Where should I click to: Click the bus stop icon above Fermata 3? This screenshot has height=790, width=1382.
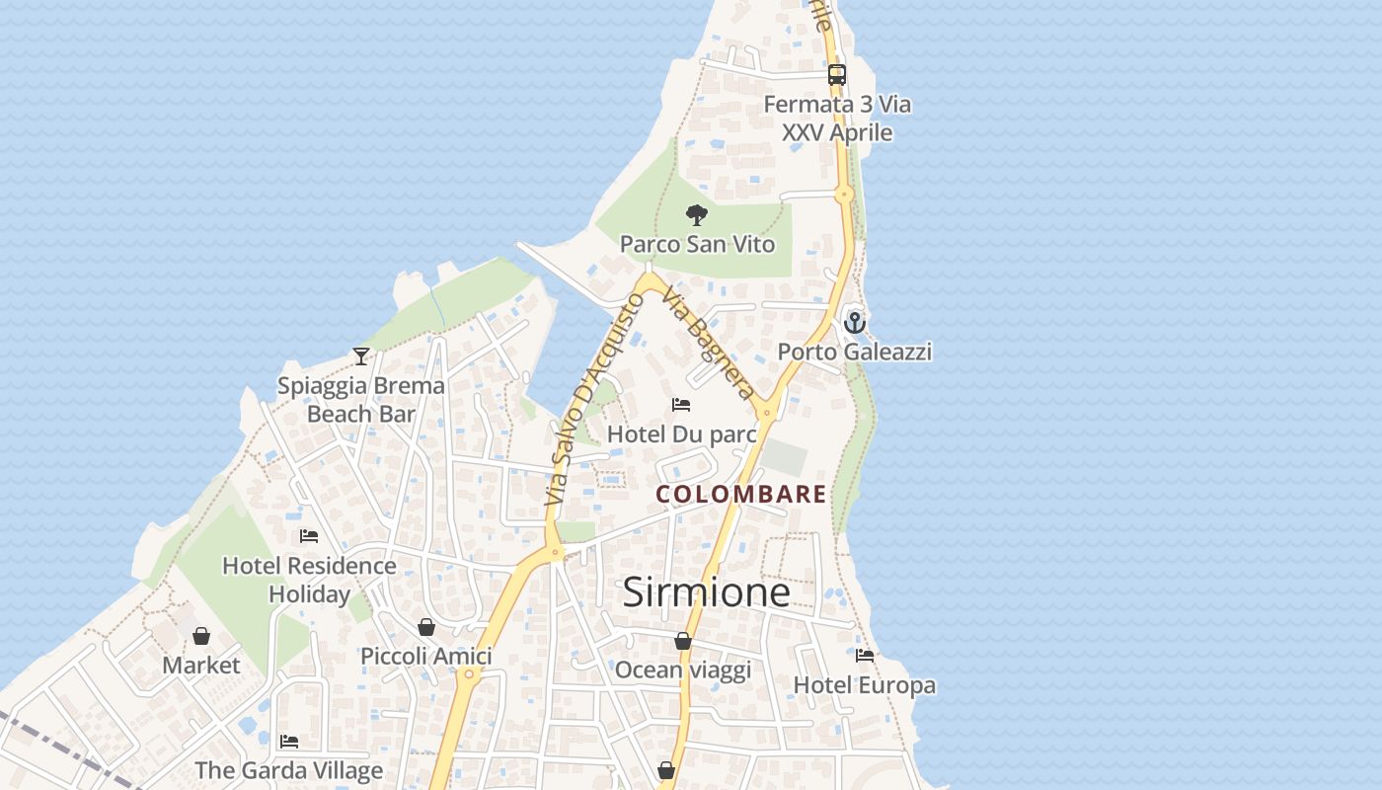[x=837, y=74]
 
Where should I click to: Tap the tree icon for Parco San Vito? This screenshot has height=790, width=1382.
[x=697, y=215]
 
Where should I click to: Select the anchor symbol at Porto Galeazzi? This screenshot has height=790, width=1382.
[x=854, y=322]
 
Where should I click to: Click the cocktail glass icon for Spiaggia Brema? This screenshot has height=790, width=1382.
[x=361, y=356]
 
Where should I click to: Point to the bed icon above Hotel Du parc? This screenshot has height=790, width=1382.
[x=681, y=405]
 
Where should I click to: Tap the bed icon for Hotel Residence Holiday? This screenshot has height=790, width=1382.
[x=309, y=536]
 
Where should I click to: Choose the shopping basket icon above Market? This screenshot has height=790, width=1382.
[x=201, y=636]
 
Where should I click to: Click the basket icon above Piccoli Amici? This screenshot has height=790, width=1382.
[x=426, y=627]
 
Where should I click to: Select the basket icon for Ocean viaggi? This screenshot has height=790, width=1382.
[x=683, y=641]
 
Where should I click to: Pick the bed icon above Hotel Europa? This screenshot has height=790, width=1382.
[x=865, y=655]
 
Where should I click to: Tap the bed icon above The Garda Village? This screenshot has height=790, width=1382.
[x=288, y=741]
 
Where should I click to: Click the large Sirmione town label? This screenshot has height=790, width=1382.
[x=706, y=592]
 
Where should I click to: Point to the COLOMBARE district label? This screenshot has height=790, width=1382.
[x=741, y=494]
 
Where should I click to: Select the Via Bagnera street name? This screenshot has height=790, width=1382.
[x=710, y=342]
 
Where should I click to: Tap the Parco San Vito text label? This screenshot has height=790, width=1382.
[x=697, y=244]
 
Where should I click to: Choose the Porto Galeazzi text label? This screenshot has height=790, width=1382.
[x=854, y=352]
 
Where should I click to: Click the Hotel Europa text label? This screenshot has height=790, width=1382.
[x=865, y=684]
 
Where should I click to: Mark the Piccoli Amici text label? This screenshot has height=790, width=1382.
[x=426, y=657]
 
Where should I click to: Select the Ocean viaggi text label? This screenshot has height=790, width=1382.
[x=683, y=671]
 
